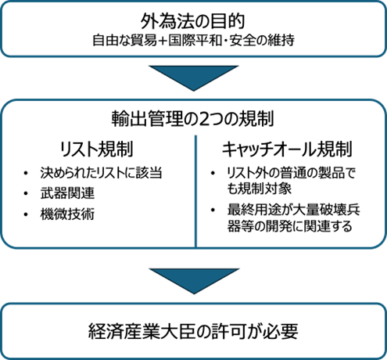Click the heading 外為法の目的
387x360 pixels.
(192, 21)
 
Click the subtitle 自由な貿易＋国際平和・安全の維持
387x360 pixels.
(193, 41)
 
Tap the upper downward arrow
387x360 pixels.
(194, 78)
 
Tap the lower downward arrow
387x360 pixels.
(194, 281)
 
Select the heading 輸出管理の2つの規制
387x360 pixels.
(192, 119)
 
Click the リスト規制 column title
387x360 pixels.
(96, 149)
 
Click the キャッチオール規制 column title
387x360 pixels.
(287, 149)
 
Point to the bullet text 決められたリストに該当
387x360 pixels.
(101, 173)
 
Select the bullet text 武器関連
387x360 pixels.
(67, 193)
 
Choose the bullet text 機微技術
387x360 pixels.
(67, 214)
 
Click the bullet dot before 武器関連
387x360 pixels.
(26, 193)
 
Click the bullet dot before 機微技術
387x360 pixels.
(26, 214)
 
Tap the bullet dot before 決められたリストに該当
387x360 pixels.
(26, 173)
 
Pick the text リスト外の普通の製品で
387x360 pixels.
(291, 173)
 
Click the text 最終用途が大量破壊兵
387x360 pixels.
(293, 210)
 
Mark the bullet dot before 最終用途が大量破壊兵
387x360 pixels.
(213, 210)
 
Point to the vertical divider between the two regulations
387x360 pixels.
(195, 191)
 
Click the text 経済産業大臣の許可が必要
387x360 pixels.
(193, 331)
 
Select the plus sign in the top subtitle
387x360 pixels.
(163, 41)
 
